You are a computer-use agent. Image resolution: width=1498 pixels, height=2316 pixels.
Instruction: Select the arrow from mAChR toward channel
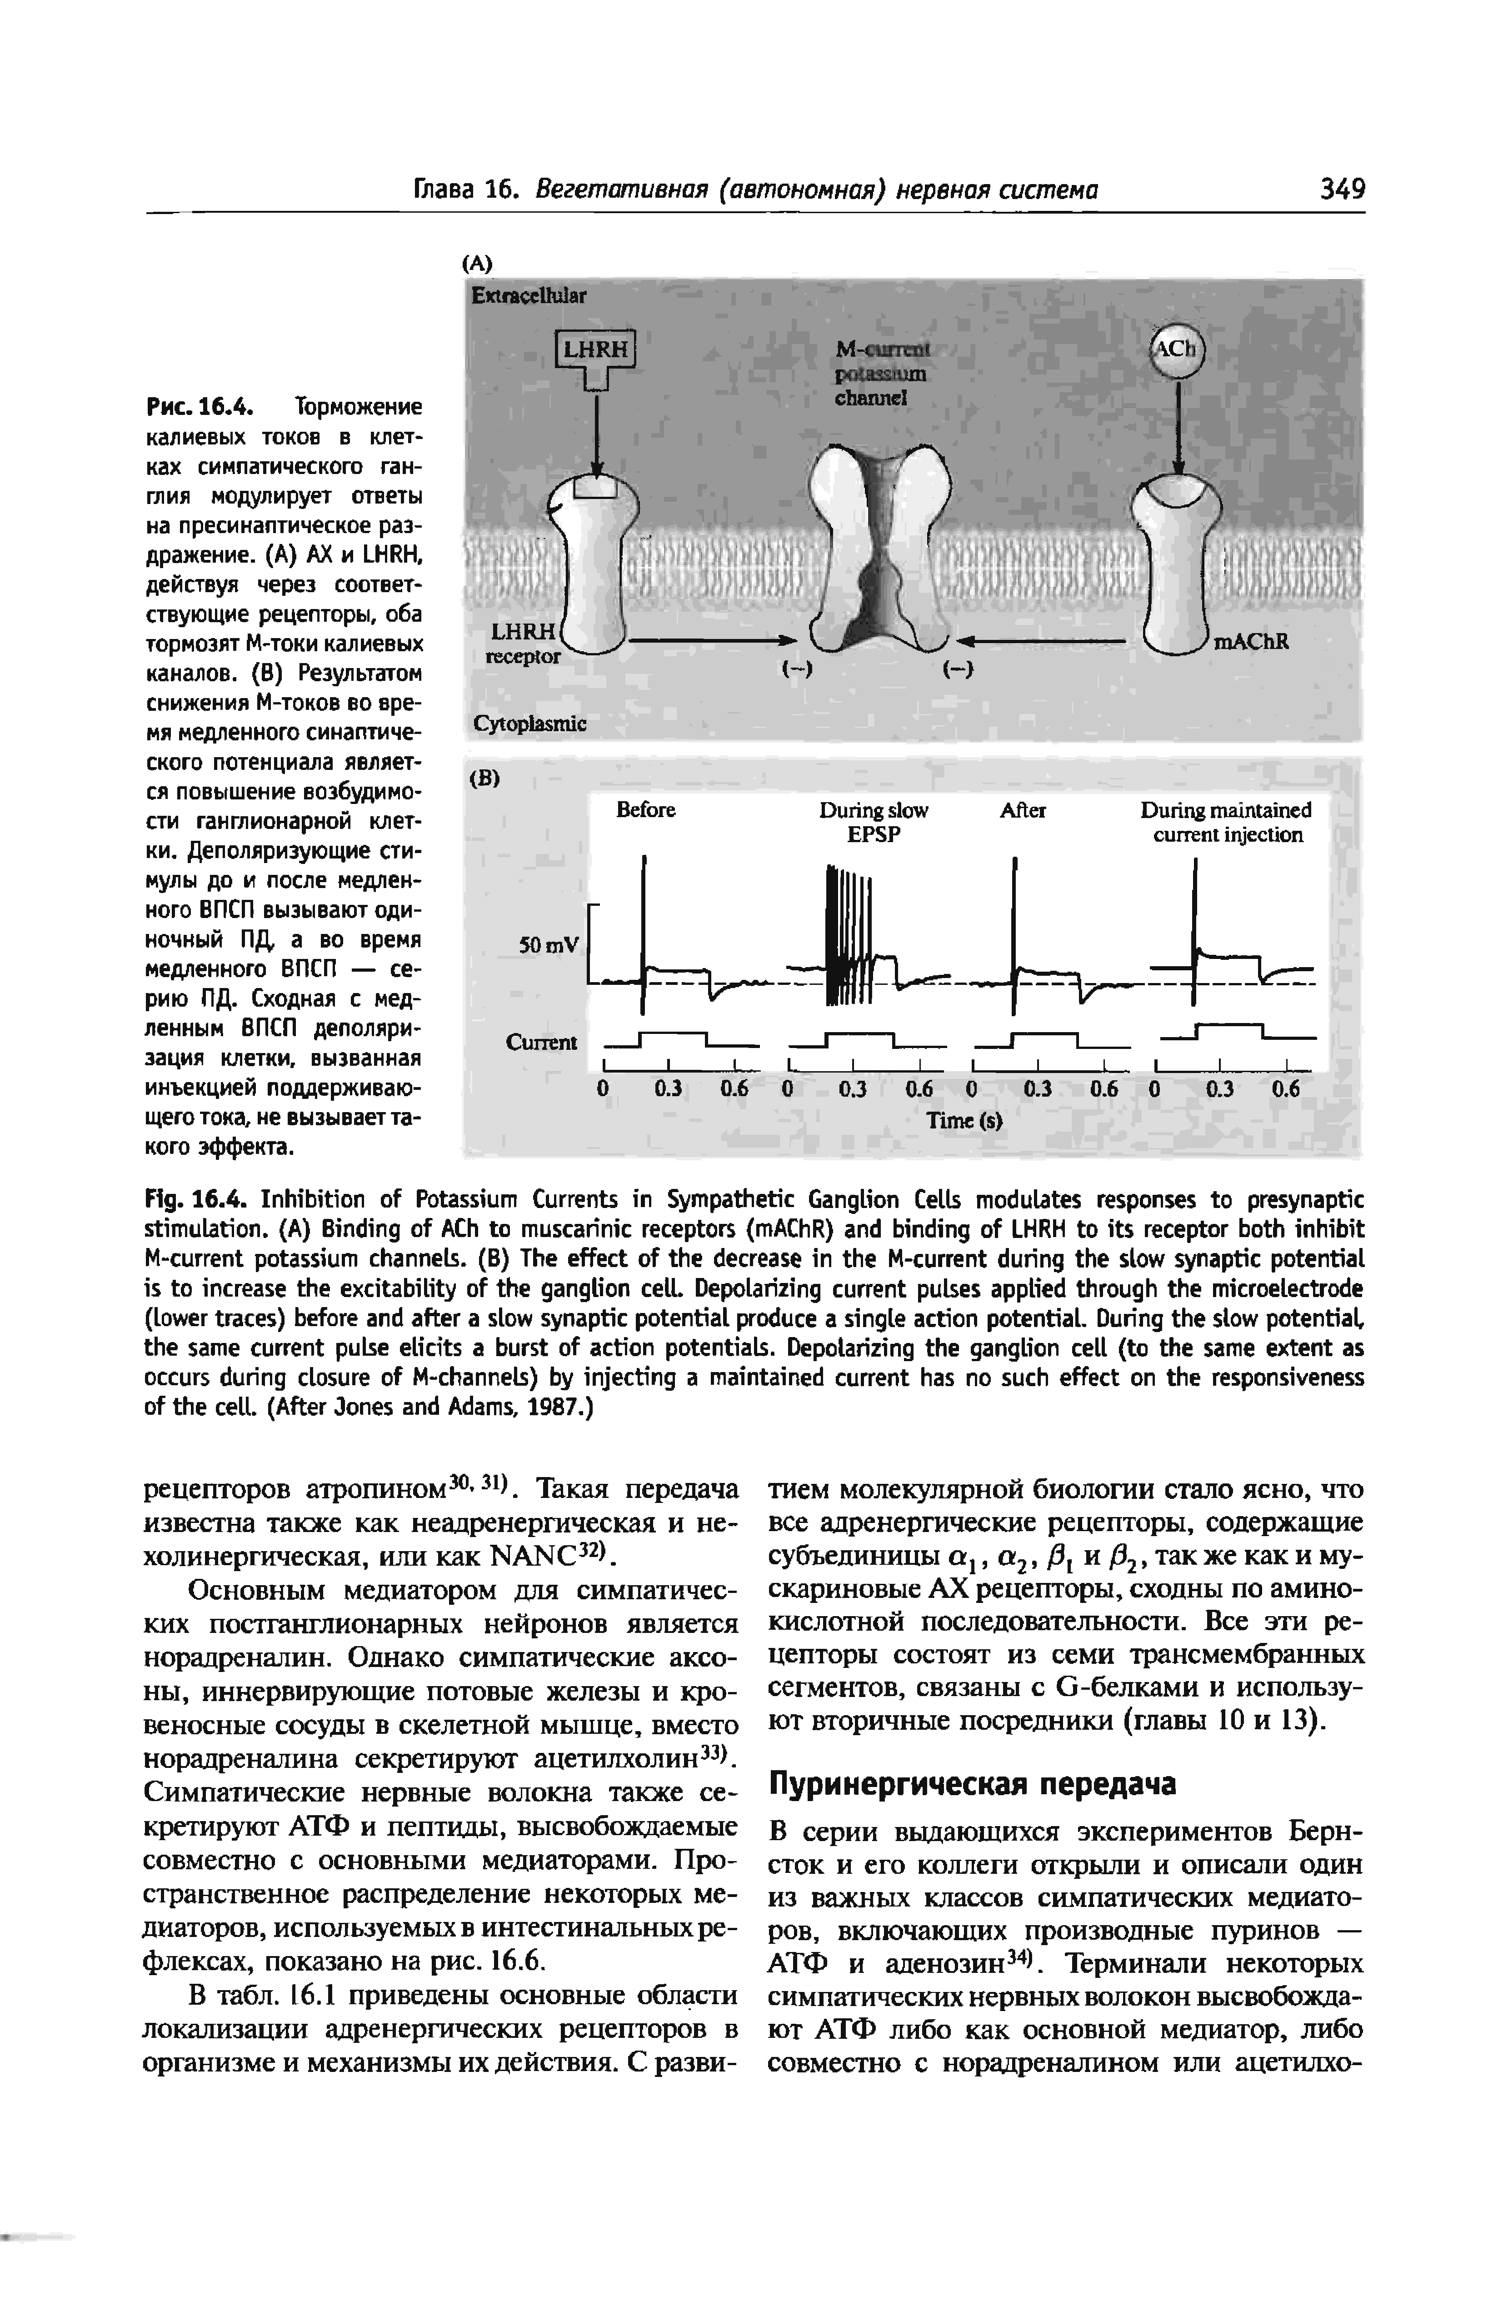1041,641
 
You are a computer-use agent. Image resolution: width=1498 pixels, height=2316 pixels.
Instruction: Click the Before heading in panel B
646,810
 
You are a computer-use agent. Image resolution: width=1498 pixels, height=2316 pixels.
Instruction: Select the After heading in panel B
1022,810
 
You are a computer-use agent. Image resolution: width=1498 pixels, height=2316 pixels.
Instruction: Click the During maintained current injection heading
1226,822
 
